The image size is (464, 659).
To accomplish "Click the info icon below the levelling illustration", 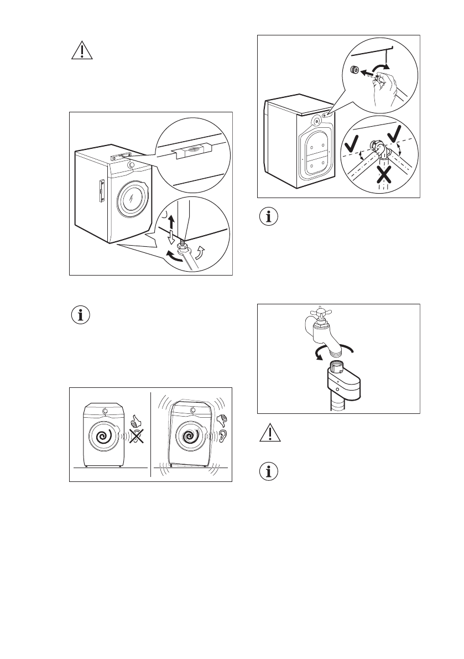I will [x=82, y=316].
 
